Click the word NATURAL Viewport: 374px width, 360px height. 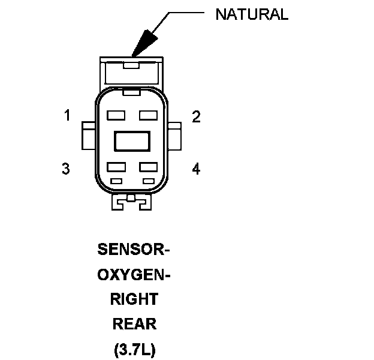[252, 14]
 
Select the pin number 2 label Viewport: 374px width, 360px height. [196, 116]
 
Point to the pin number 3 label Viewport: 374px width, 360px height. [66, 169]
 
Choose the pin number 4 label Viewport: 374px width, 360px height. [196, 169]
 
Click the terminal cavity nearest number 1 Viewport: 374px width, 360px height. [116, 115]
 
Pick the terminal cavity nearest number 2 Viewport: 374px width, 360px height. [148, 115]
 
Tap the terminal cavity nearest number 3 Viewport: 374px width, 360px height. [116, 167]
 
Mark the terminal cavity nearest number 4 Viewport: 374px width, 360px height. [148, 167]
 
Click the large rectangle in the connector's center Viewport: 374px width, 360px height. [132, 141]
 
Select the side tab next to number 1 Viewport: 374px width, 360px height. [88, 136]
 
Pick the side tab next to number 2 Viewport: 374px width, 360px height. [176, 136]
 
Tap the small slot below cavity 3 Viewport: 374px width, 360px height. [116, 181]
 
